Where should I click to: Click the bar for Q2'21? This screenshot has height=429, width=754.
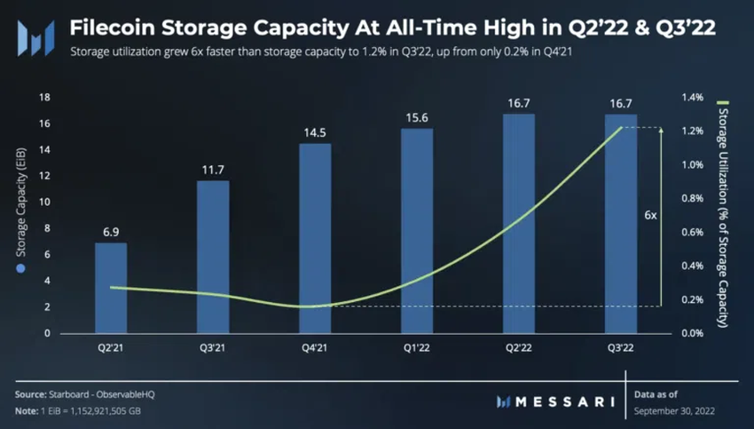coord(111,288)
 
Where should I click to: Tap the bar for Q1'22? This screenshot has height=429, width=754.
coord(417,231)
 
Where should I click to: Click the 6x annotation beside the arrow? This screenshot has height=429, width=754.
coord(650,216)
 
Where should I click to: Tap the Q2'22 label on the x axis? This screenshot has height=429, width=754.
coord(519,348)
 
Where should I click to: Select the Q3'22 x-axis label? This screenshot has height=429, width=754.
coord(621,348)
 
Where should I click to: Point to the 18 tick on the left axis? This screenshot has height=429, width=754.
coord(43,97)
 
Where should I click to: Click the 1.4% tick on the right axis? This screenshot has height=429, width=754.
coord(693,97)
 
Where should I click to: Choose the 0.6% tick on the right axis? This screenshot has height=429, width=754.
coord(693,232)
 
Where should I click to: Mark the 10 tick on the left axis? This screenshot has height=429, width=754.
coord(43,202)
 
